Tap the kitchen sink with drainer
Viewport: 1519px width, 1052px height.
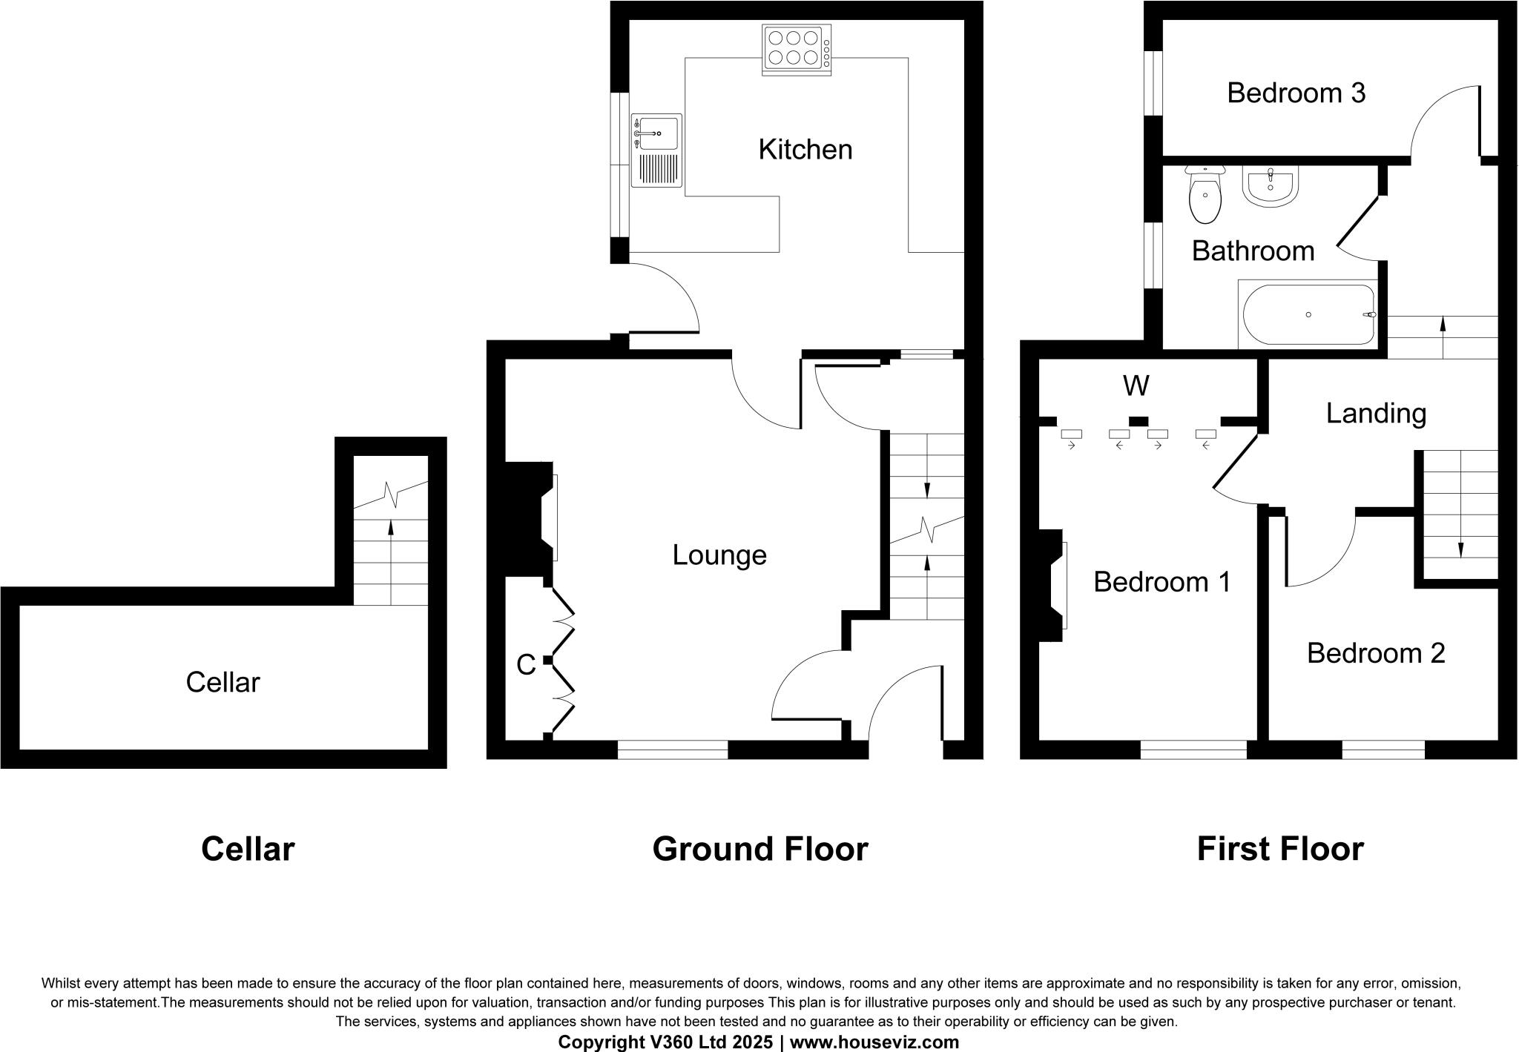pos(656,150)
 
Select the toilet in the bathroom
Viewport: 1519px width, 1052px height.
pos(1205,196)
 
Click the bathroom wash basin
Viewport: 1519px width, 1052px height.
pos(1270,185)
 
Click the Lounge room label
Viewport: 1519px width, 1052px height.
pos(719,555)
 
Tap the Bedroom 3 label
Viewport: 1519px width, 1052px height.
pos(1296,93)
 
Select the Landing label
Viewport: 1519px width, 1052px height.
pos(1376,414)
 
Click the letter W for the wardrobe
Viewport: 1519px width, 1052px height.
pos(1136,386)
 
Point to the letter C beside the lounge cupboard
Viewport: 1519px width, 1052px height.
pos(526,666)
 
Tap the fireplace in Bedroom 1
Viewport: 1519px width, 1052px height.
pos(1052,585)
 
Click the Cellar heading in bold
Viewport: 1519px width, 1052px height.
pos(248,849)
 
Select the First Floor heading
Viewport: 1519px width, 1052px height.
pos(1280,849)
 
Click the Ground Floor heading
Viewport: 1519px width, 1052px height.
pos(760,849)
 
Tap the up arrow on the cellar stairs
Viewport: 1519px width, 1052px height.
pos(391,529)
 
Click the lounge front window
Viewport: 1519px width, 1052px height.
pos(673,750)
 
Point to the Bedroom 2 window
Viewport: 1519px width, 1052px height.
pos(1383,750)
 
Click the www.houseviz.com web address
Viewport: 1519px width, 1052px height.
pos(874,1042)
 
